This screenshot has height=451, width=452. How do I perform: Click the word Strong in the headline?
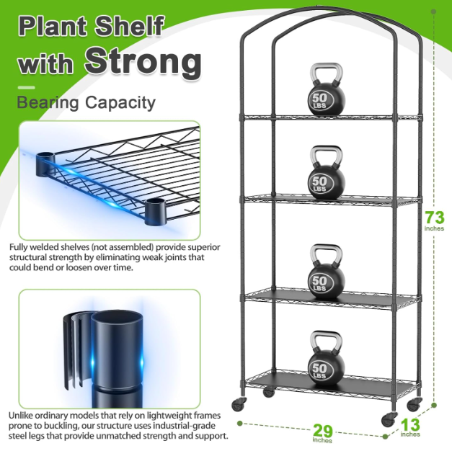pyautogui.click(x=143, y=61)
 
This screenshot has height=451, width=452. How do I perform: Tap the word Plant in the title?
pyautogui.click(x=53, y=26)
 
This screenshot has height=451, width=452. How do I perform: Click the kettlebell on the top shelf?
pyautogui.click(x=327, y=90)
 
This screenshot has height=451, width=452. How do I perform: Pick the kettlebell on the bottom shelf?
pyautogui.click(x=327, y=358)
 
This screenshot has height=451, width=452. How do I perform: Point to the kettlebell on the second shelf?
pyautogui.click(x=327, y=172)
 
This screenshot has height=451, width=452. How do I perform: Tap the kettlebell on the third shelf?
pyautogui.click(x=327, y=272)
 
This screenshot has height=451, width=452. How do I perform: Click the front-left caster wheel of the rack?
pyautogui.click(x=239, y=404)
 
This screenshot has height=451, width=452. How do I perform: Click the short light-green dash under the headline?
pyautogui.click(x=26, y=88)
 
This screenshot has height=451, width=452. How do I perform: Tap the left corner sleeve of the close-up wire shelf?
pyautogui.click(x=45, y=164)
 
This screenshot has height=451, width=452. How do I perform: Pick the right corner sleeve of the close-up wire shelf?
pyautogui.click(x=156, y=212)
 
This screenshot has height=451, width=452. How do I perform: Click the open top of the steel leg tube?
pyautogui.click(x=117, y=319)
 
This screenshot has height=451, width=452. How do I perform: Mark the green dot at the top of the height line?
pyautogui.click(x=433, y=12)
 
